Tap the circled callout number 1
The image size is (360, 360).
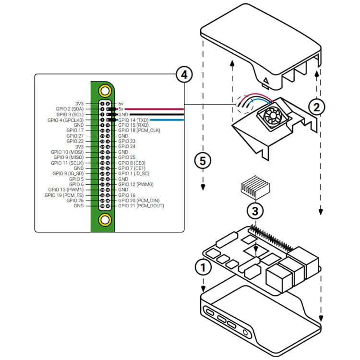pyautogui.click(x=203, y=266)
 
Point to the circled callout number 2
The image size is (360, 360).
pyautogui.click(x=316, y=107)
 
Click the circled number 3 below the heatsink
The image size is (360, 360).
pyautogui.click(x=255, y=210)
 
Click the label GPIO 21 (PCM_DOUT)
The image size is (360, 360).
pyautogui.click(x=141, y=206)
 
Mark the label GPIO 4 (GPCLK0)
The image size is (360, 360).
pyautogui.click(x=66, y=120)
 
